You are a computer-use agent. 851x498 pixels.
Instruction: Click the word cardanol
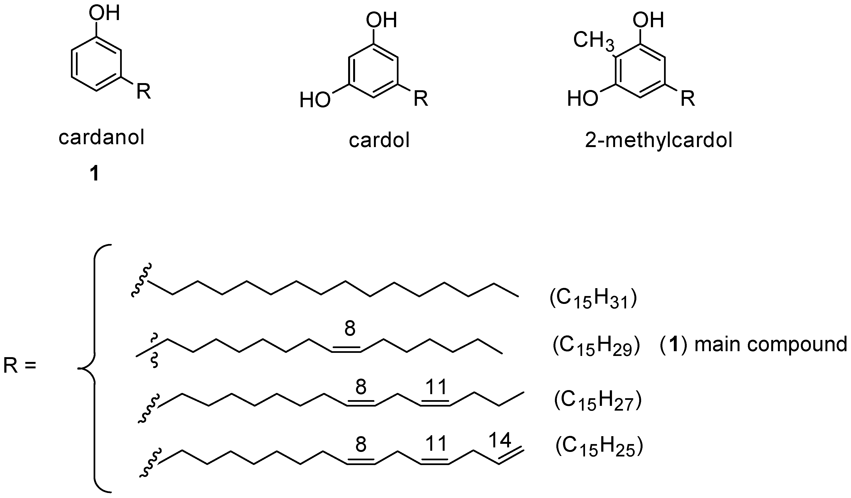101,138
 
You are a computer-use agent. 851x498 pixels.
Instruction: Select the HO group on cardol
315,100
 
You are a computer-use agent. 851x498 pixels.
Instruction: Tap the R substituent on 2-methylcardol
687,99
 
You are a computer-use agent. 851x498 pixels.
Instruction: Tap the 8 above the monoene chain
350,328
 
